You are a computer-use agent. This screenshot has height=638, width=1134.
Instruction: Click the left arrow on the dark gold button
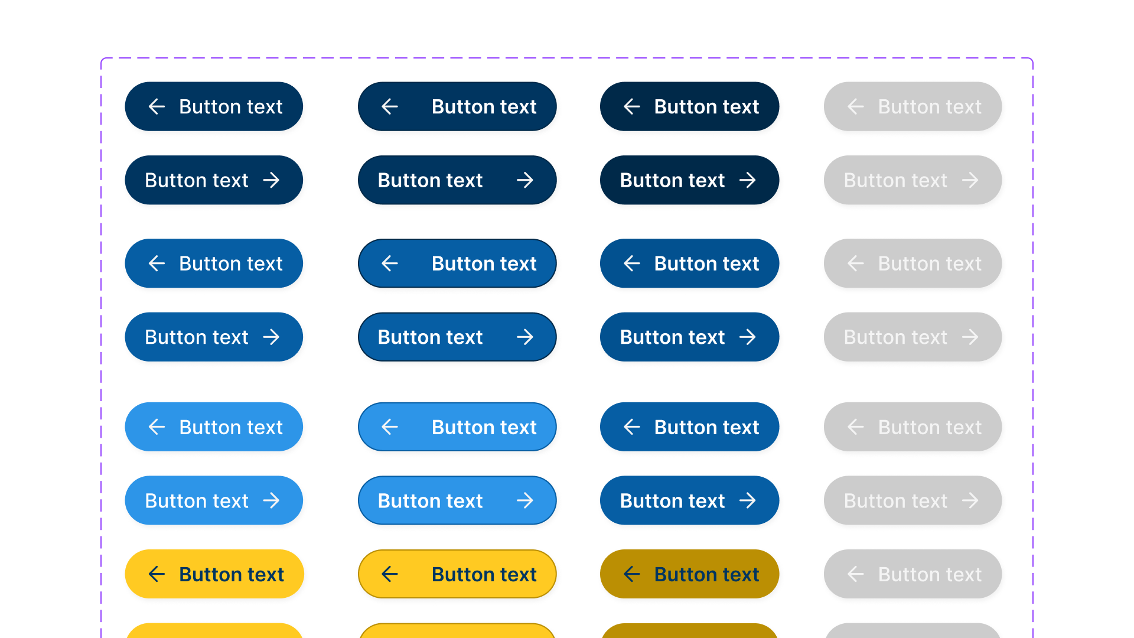pos(632,574)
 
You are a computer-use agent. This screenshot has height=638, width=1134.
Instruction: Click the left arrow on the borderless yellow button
pos(157,574)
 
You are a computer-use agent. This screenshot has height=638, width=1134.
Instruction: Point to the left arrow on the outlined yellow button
pos(390,574)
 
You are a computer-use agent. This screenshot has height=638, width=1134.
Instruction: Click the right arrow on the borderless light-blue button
pos(272,501)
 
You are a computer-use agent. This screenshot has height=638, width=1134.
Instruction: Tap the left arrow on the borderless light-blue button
pos(157,427)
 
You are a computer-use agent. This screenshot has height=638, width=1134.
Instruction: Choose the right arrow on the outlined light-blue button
pos(525,501)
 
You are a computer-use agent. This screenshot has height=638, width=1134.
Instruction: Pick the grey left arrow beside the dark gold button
pos(856,574)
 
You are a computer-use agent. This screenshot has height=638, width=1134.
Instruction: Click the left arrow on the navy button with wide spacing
pos(390,106)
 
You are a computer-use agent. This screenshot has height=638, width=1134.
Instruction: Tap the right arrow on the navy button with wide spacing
pos(525,180)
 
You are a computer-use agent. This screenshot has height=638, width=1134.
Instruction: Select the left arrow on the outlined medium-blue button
pos(390,263)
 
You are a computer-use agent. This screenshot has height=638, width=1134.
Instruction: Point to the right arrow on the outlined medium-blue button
pos(525,337)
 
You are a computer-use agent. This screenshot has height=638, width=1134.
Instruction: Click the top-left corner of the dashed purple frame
pos(102,58)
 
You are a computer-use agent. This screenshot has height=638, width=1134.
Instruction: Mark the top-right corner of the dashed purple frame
pos(1032,58)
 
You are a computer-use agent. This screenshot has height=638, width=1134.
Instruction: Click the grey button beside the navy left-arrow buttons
pos(913,106)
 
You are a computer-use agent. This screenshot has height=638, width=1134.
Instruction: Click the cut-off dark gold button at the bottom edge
pos(689,631)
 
